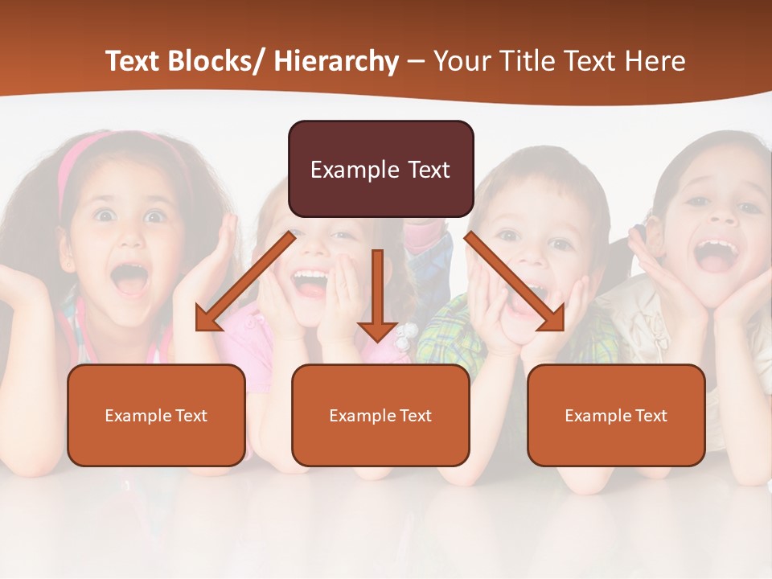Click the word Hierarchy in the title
tap(336, 62)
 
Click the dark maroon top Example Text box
tap(380, 170)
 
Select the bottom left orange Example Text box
tap(156, 416)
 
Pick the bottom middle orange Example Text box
tap(380, 416)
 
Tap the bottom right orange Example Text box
tap(616, 416)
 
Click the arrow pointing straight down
tap(377, 298)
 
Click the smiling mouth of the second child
tap(310, 281)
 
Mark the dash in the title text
tap(416, 63)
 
